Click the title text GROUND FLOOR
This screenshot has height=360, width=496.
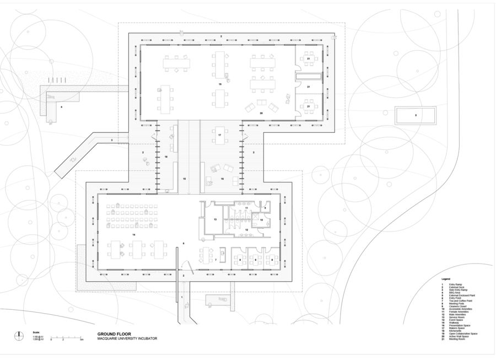click(x=112, y=334)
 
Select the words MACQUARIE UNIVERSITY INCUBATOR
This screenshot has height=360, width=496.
click(x=127, y=338)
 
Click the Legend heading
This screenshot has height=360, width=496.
click(x=445, y=279)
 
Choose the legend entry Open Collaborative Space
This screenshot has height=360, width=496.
click(x=463, y=334)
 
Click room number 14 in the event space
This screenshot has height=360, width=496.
click(x=133, y=234)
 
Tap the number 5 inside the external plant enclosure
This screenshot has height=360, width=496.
click(x=416, y=115)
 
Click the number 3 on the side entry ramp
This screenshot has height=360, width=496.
click(x=111, y=141)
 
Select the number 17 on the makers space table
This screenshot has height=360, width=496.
click(x=219, y=135)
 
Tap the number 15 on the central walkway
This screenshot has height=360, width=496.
click(x=185, y=179)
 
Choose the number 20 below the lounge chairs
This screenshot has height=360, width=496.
click(x=261, y=112)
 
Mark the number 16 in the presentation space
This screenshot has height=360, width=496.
click(x=222, y=179)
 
